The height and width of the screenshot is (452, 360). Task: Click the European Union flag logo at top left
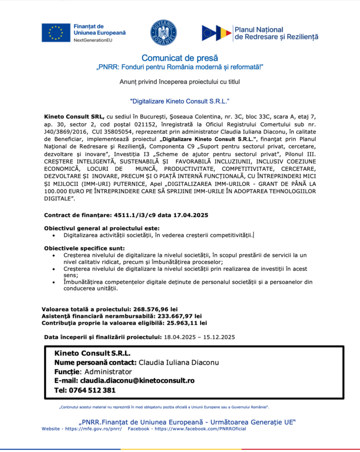[55, 32]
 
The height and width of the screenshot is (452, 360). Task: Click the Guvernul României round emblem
[163, 32]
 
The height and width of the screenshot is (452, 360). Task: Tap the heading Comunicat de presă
[179, 58]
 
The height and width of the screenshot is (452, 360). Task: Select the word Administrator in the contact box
[108, 371]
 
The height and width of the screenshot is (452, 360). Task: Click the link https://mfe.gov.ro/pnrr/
[93, 429]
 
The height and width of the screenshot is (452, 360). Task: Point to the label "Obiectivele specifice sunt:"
[84, 249]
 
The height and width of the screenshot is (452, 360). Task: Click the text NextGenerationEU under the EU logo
[93, 40]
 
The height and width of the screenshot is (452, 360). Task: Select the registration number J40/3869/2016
[65, 132]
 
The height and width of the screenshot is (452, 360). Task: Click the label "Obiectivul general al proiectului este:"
[101, 228]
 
